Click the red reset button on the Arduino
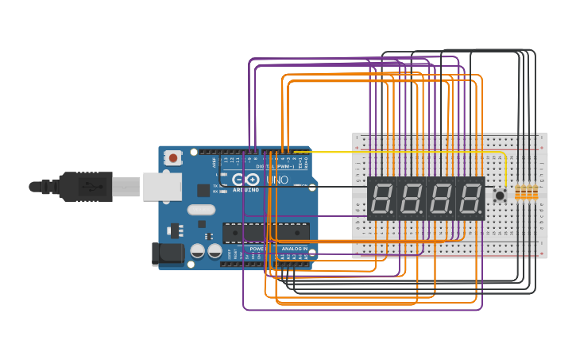173,157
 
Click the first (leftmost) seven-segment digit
382,198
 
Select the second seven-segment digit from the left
412,198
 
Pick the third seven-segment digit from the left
441,198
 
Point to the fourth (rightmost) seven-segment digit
470,198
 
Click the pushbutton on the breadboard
500,195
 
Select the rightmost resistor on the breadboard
534,192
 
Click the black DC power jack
164,254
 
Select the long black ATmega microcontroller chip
265,232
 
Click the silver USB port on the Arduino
161,187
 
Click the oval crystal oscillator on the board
201,210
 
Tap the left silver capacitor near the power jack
198,251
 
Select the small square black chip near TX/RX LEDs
203,190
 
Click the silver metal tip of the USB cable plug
126,188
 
